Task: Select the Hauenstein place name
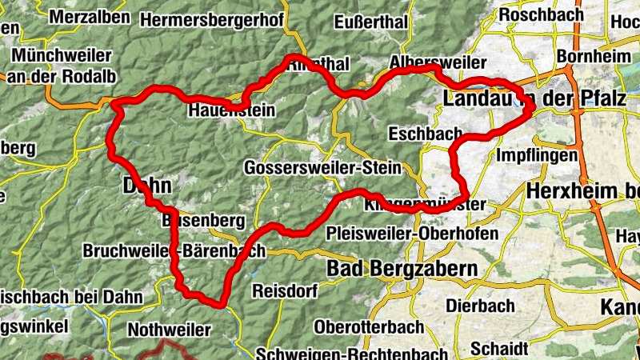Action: [231, 110]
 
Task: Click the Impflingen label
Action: [537, 154]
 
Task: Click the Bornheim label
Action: [588, 58]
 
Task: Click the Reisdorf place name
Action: [286, 289]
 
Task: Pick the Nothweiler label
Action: [170, 329]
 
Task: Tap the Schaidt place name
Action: [500, 349]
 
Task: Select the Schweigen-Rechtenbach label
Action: [351, 353]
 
